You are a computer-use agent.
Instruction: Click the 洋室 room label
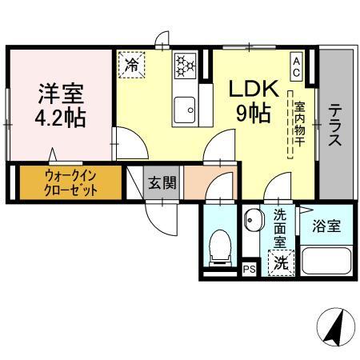point(61,93)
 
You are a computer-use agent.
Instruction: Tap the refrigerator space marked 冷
point(130,65)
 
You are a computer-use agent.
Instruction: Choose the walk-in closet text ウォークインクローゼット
point(70,183)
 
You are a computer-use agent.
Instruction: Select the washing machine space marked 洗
point(280,261)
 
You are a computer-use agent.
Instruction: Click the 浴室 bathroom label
point(327,226)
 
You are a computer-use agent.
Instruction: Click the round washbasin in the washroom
point(251,219)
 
